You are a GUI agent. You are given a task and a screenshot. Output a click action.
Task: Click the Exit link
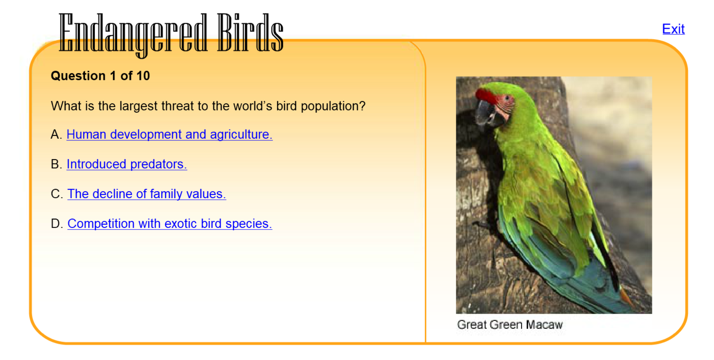click(673, 29)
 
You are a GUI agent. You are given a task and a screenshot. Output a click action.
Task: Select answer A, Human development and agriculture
click(169, 134)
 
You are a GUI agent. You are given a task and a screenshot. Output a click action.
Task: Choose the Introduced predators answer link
click(126, 164)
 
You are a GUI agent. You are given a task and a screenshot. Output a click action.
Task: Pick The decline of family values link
click(147, 194)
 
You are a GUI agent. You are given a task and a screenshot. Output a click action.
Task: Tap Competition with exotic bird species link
click(170, 224)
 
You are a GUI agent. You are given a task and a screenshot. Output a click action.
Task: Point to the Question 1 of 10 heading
click(100, 76)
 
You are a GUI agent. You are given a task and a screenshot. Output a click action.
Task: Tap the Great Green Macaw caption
click(509, 325)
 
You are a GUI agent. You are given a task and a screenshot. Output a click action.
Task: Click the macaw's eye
click(507, 98)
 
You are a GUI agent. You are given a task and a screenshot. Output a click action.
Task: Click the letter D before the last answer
click(56, 224)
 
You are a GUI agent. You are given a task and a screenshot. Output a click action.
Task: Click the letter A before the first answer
click(55, 134)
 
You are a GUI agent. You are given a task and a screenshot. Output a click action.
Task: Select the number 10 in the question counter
click(143, 76)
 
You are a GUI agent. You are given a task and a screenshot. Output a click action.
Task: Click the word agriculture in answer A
click(241, 135)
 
